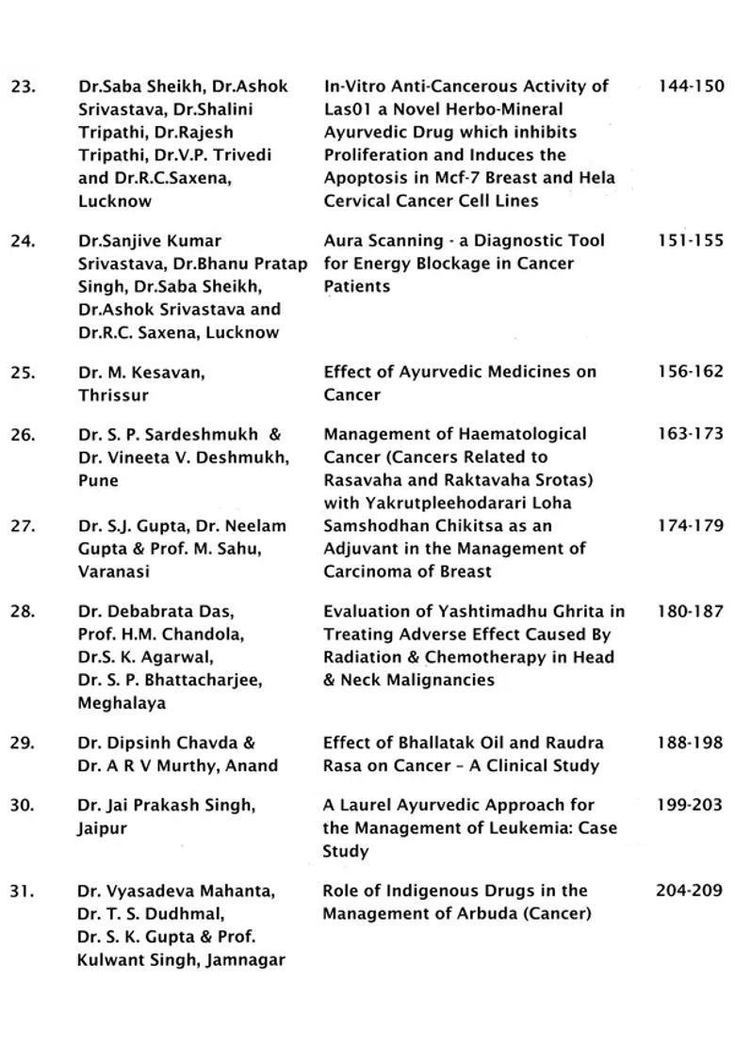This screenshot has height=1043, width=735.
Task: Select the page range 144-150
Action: [x=691, y=87]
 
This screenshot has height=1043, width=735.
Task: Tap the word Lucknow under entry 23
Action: [x=115, y=201]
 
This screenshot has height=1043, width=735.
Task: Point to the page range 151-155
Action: [x=691, y=241]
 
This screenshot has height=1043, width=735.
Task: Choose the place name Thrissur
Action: [x=111, y=395]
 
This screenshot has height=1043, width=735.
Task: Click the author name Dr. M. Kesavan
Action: [x=141, y=373]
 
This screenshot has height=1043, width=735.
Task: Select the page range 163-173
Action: [x=691, y=435]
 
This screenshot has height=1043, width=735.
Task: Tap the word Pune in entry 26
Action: [x=98, y=481]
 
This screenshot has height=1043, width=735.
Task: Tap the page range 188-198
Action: [x=691, y=744]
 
